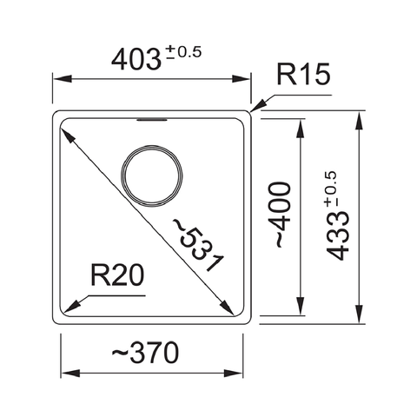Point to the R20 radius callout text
[116, 278]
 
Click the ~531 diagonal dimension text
[198, 245]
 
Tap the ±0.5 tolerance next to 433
[332, 189]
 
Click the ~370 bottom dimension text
[145, 353]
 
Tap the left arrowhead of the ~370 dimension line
[66, 374]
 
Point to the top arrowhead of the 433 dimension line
[359, 116]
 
